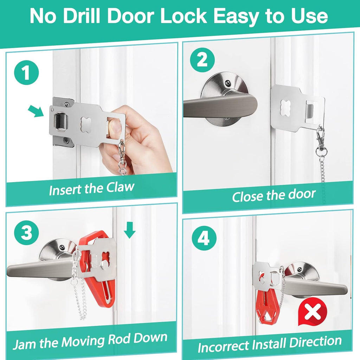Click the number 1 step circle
(26, 72)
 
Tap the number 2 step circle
(202, 60)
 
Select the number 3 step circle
(26, 232)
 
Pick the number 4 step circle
(204, 238)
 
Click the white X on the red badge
(313, 311)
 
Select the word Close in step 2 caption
(247, 196)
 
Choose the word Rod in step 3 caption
(119, 339)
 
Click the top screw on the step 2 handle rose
(227, 82)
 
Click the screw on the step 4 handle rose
(300, 268)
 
